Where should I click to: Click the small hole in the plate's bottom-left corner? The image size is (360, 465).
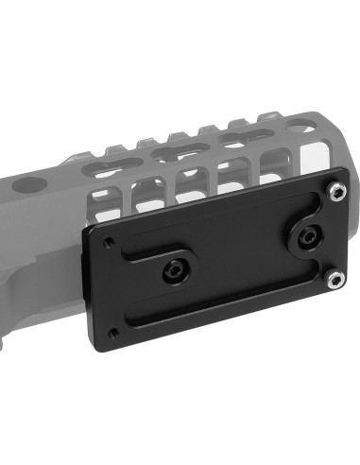coord(114,333)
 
